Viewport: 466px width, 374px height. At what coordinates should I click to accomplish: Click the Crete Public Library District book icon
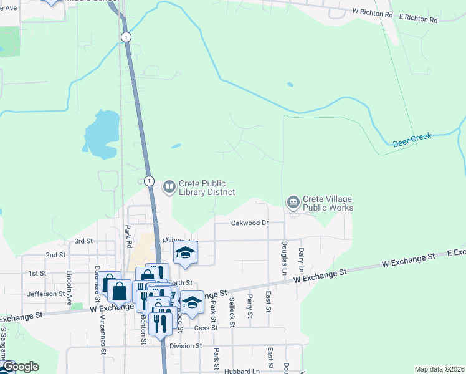point(169,186)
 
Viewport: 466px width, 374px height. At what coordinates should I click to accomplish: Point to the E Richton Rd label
point(419,20)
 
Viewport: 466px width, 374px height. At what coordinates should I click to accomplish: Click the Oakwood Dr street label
point(249,223)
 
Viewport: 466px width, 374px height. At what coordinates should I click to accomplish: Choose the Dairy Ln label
point(301,259)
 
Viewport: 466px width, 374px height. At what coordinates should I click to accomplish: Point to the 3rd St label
point(83,241)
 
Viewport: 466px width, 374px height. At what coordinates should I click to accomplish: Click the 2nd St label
point(55,255)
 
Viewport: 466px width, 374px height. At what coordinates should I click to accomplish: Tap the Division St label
point(186,345)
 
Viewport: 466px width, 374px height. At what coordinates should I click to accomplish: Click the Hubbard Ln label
point(242,372)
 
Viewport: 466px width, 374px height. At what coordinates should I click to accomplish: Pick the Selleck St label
point(232,308)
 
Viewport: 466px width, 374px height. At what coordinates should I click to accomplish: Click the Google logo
point(20,367)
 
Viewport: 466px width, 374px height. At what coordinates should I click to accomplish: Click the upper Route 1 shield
point(126,37)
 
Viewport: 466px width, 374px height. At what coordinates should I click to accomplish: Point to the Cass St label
point(205,327)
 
